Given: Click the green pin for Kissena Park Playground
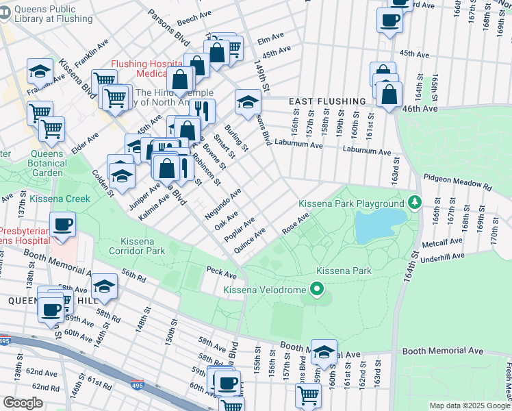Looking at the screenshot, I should (x=414, y=203).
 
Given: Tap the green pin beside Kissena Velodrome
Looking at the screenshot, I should (x=316, y=289).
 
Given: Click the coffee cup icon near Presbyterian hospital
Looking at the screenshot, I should (x=62, y=225).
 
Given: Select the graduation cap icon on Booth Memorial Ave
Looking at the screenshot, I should (x=324, y=351).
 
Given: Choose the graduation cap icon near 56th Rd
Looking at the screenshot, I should (x=104, y=286).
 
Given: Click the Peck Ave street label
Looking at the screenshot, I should (x=221, y=273).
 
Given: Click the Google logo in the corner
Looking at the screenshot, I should (x=23, y=403).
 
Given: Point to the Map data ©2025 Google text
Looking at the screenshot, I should (x=469, y=406).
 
